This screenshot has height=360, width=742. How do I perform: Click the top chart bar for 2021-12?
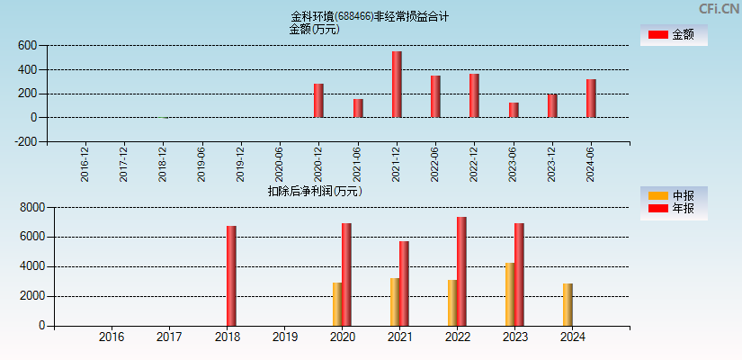397,85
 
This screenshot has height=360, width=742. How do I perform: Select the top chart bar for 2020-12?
318,101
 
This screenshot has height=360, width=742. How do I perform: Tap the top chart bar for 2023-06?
514,110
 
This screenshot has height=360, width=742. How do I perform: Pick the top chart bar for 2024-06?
591,98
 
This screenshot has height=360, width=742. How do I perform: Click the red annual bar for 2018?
231,275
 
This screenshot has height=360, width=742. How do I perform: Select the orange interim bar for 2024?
568,304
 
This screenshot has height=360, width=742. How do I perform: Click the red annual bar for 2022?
461,271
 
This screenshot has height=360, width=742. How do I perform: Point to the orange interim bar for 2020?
337,304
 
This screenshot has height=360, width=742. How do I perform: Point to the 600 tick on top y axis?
27,46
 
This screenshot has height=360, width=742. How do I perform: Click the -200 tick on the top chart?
24,141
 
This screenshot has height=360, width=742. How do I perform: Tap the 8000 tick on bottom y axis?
31,208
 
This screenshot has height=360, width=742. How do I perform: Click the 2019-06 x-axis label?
202,164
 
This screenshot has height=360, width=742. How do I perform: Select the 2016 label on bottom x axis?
112,337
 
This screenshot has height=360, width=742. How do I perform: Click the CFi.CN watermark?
719,8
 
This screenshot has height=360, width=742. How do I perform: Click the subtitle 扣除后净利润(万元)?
314,191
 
